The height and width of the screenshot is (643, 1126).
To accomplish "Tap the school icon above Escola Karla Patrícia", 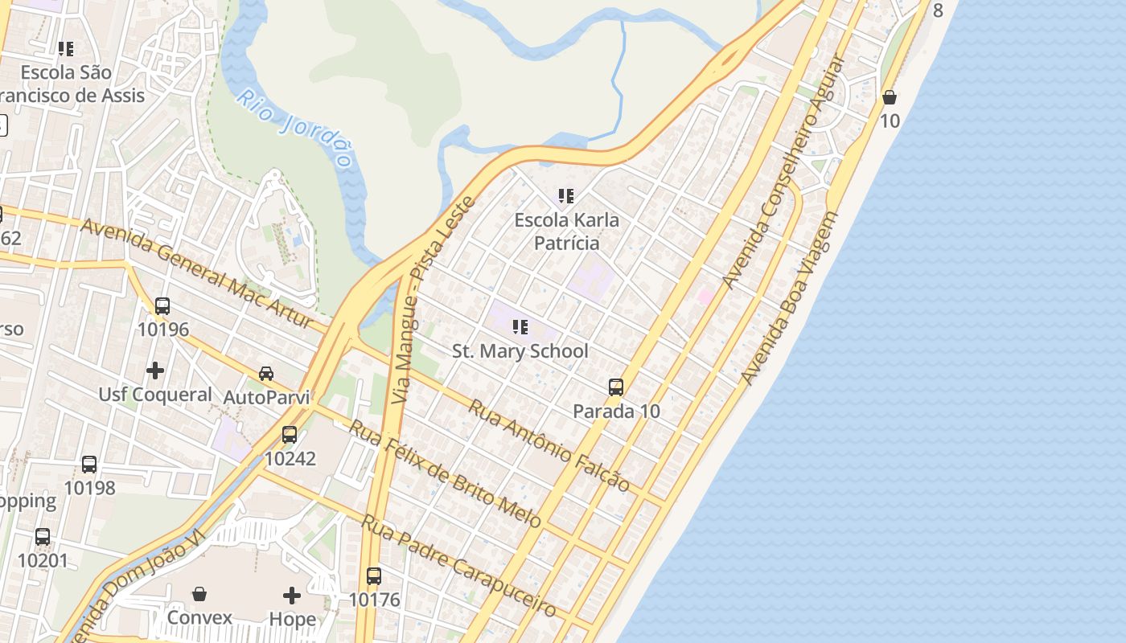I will (566, 195).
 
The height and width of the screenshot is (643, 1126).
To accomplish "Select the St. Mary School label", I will (520, 351).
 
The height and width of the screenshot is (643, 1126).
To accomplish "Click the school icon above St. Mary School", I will (520, 327).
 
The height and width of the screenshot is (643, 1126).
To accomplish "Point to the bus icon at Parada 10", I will (616, 387).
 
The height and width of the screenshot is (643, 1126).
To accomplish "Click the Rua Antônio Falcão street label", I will (549, 444).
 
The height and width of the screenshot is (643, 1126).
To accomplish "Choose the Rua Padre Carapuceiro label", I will (458, 566).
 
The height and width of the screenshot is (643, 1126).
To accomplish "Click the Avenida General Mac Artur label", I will (197, 272).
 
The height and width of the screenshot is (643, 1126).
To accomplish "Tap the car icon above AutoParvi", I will (266, 374).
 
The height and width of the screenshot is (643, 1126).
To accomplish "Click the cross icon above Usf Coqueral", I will (155, 371).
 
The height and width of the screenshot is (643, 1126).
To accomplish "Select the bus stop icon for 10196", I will (162, 305).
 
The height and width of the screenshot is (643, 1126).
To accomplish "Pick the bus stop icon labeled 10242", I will (290, 435).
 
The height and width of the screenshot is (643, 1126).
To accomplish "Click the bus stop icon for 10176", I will (374, 575).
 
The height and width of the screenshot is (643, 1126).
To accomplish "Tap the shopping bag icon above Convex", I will (199, 594).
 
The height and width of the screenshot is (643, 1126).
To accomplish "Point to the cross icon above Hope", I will (292, 596).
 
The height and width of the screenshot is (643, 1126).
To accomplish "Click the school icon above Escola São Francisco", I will (66, 49).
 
